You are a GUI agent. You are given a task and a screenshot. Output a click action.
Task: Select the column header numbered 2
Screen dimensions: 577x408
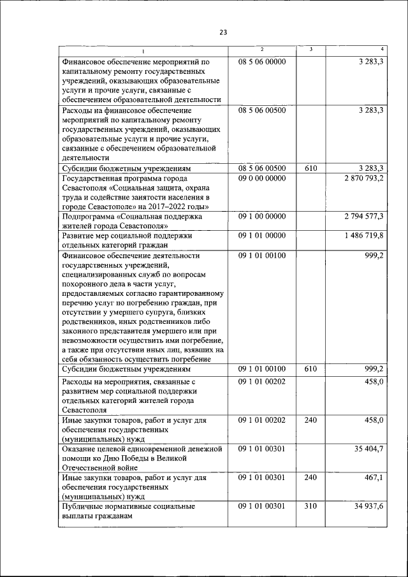pos(261,50)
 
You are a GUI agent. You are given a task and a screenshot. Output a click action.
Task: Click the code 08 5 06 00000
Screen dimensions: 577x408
pos(261,62)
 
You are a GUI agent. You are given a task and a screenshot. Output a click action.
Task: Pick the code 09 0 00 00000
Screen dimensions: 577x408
pos(261,179)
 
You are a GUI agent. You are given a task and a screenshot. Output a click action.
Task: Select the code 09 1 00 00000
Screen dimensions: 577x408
pos(261,217)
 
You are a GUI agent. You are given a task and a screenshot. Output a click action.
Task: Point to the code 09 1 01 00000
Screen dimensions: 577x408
pos(261,235)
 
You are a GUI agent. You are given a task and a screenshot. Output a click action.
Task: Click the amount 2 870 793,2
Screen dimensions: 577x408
pos(362,179)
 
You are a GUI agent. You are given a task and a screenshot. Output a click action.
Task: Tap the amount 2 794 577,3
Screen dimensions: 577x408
pos(362,217)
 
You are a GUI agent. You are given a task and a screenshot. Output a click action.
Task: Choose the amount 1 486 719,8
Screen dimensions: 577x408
pos(362,235)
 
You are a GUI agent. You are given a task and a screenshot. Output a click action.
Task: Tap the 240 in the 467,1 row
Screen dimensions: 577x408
pos(310,476)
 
